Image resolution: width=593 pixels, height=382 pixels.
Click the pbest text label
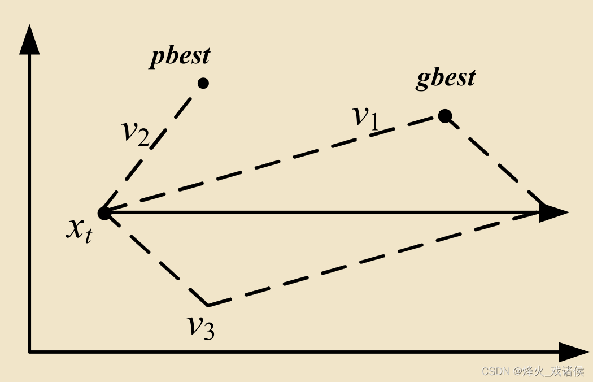coord(180,57)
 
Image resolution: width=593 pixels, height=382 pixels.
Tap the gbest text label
coord(446,77)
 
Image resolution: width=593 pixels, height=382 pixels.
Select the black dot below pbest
coord(203,83)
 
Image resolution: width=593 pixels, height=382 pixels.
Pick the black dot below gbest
coord(445,116)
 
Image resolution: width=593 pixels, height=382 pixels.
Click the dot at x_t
coord(104,213)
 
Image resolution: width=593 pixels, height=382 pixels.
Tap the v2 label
coord(136,132)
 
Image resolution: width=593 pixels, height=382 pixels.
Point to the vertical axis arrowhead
coord(29,40)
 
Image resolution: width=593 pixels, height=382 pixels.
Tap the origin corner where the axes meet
coord(29,352)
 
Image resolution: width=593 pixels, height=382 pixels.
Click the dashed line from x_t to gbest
coord(271,164)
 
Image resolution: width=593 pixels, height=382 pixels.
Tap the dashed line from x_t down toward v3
coord(155,258)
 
